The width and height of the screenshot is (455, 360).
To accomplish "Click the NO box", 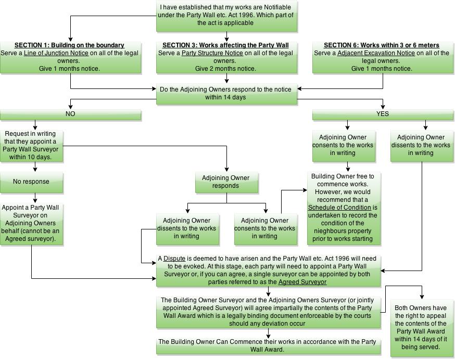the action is click(70, 114).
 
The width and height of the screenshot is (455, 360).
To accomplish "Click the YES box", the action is click(383, 114).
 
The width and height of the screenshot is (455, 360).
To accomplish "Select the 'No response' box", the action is click(31, 182).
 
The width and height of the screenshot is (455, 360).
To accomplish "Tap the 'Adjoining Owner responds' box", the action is click(226, 182).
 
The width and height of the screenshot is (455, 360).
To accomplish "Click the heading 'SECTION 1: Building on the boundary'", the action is click(69, 45).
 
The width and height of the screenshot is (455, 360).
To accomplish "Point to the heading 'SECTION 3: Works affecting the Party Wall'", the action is click(225, 45).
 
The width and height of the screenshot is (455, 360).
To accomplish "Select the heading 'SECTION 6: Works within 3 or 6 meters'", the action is click(382, 45).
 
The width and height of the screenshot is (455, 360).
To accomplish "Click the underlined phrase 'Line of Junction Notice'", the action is click(56, 53).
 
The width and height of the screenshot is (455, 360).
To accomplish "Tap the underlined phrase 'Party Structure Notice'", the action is click(212, 53).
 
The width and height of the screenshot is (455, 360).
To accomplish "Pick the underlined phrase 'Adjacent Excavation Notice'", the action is click(376, 53).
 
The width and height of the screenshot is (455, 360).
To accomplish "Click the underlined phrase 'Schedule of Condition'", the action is click(339, 208).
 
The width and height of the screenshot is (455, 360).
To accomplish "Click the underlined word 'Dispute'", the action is click(174, 259).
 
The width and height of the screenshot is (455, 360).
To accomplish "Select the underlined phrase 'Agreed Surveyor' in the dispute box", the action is click(302, 282).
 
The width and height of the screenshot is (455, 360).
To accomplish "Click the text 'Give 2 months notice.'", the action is click(225, 69).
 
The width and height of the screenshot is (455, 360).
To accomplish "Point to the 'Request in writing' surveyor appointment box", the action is click(31, 146).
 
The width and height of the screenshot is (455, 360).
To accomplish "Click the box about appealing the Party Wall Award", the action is click(422, 328).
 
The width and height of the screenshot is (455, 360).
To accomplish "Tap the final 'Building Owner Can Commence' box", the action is click(268, 346).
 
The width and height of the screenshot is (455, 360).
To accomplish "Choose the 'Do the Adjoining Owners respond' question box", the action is click(226, 94).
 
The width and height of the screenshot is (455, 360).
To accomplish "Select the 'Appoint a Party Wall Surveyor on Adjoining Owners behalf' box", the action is click(31, 224).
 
